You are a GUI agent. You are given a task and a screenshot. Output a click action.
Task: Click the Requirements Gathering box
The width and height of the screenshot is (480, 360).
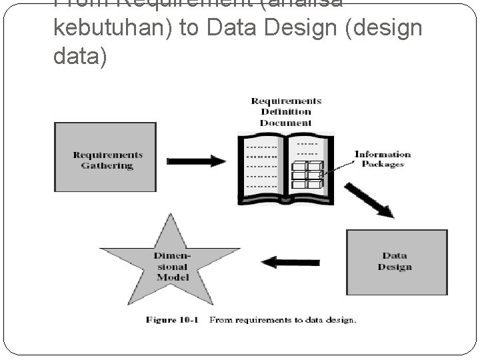tap(105, 157)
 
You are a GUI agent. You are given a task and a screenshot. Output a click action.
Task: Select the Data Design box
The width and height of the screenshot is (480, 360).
tap(396, 261)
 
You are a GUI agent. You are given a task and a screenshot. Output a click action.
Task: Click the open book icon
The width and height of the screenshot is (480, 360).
tap(285, 167)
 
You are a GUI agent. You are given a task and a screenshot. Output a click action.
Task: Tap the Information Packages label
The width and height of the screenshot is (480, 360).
tap(382, 159)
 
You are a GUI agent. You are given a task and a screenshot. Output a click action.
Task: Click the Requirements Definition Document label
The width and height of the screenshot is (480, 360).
tap(285, 111)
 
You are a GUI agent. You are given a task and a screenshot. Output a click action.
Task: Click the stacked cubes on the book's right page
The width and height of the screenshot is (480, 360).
tap(307, 175)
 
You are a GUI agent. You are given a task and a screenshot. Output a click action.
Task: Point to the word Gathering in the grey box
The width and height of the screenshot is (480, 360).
tap(107, 165)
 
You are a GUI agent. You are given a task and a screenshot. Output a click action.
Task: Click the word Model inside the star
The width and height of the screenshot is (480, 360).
tap(173, 277)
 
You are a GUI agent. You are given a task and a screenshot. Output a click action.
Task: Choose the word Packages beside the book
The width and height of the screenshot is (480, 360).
tap(383, 164)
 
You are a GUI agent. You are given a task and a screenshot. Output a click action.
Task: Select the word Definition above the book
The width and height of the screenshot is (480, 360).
tap(286, 111)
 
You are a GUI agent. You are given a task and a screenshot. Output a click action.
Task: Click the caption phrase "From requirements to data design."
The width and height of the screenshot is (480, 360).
tap(283, 320)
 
